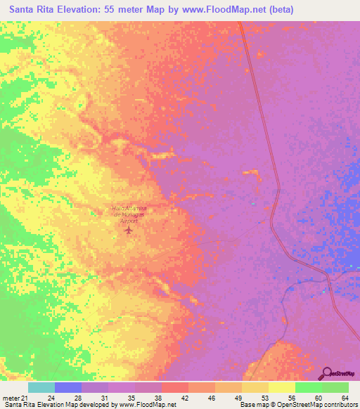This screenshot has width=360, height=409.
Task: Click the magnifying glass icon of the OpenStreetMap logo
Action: (x=328, y=373)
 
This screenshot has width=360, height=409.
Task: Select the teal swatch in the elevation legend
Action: (x=41, y=387)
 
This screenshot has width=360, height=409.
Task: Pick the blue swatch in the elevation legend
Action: (x=68, y=387)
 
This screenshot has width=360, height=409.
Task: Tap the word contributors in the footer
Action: (x=337, y=405)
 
